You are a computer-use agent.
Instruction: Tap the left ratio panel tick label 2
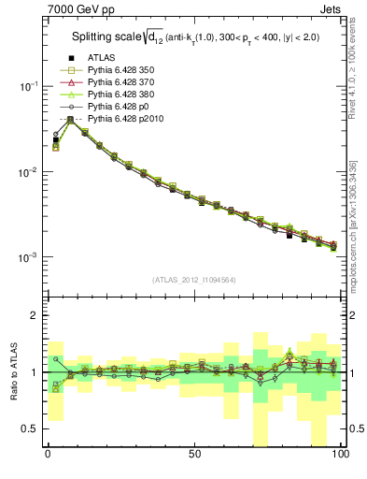[x=35, y=315]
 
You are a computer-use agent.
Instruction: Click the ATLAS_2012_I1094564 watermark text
[x=194, y=279]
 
